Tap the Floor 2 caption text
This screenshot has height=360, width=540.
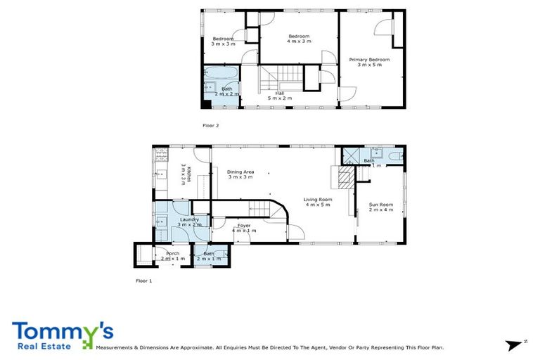coord(211,125)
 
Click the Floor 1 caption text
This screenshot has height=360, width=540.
coord(143,281)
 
